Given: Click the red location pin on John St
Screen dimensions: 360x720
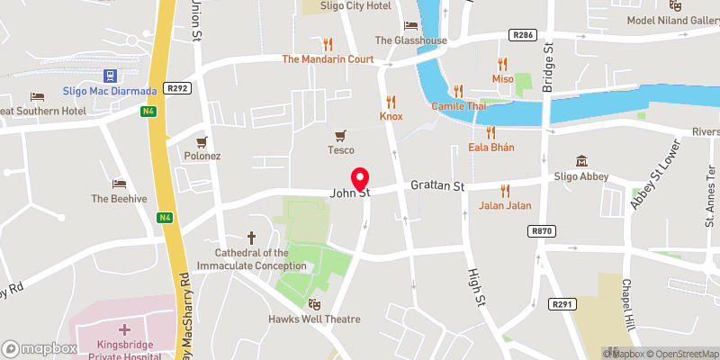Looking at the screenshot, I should point(360,178).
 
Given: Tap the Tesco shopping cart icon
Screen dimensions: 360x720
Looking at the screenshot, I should point(340,136).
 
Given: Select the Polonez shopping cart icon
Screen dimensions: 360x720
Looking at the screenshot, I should point(202,141).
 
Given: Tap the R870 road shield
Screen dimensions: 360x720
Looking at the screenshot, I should point(541,231).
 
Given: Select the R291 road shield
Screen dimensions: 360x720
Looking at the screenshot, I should point(562,305).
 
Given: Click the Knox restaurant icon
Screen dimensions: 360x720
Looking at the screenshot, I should point(391,101).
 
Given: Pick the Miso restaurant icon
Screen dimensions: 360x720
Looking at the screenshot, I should point(502,64).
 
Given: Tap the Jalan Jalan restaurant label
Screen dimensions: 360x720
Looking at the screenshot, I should point(504,205).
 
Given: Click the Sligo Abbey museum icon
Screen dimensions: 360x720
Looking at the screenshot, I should point(581,161).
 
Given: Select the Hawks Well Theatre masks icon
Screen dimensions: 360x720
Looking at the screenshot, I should point(314,305).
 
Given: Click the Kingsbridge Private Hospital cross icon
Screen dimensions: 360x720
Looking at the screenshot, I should point(123,332).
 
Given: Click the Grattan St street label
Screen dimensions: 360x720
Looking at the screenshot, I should point(436,187).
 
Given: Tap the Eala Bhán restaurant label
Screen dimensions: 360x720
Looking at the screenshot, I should point(491,148).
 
